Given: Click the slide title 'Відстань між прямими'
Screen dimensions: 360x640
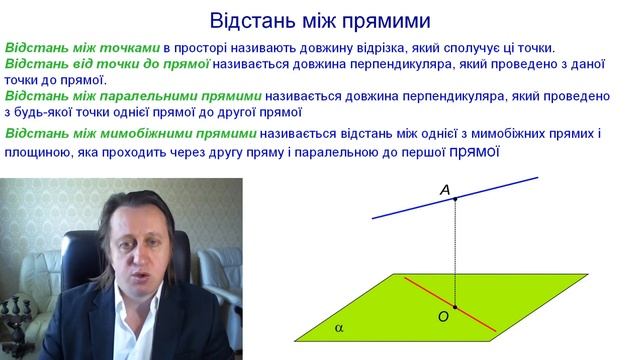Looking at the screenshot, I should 320,20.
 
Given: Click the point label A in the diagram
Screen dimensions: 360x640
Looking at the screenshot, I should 445,189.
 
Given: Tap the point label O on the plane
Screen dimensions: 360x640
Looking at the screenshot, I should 442,317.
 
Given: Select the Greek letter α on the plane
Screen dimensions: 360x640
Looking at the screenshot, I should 339,327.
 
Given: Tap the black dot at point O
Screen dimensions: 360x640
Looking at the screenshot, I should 455,307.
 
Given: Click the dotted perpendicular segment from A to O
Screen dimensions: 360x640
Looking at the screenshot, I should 455,250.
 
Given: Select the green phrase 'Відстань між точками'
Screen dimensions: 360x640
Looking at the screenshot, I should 82,48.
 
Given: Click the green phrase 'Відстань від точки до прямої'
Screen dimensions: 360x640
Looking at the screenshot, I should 107,64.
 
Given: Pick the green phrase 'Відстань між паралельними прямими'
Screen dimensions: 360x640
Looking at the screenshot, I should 133,97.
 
